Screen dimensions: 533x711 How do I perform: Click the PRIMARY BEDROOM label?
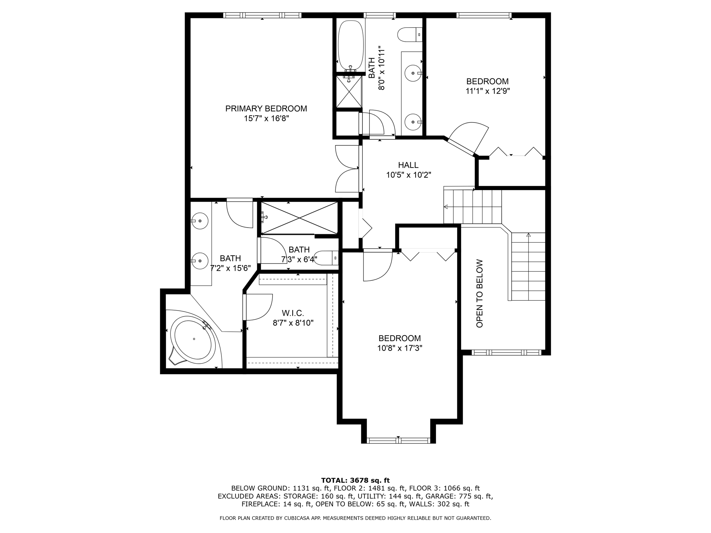[266, 109]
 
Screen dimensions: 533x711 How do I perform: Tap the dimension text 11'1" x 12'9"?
[487, 91]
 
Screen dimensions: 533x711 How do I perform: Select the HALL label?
[408, 165]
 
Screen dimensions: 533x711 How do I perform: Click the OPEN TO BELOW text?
[479, 293]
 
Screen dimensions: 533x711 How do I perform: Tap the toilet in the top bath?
[409, 35]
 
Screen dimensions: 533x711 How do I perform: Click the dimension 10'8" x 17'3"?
[400, 348]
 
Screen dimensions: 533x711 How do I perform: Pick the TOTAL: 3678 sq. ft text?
[355, 480]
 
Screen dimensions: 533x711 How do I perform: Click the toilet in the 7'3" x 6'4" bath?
[327, 258]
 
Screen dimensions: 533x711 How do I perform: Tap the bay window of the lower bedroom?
[398, 440]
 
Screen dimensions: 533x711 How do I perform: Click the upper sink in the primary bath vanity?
[200, 221]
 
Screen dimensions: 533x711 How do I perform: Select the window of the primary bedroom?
[262, 15]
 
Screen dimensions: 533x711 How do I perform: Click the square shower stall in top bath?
[349, 92]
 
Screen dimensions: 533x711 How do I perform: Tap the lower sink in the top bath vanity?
[413, 122]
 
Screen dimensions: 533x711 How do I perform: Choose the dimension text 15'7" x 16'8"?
[266, 119]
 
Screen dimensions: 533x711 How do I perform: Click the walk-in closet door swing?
[259, 307]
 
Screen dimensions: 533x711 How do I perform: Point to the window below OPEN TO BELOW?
[506, 353]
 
